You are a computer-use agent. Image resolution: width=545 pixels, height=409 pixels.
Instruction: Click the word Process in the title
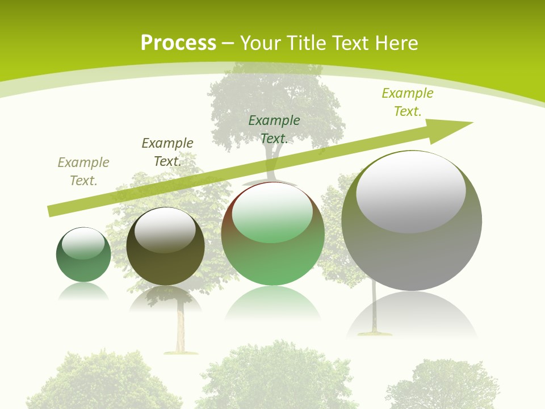178,43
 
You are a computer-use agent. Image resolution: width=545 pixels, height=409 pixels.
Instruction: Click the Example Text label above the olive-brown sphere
167,152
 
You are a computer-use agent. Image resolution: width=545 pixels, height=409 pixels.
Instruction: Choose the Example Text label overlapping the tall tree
274,130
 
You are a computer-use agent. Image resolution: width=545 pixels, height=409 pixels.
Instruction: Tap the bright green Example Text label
408,102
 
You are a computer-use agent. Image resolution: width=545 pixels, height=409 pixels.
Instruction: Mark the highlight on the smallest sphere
83,243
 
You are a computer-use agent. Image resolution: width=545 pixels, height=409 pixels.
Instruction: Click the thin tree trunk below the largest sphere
375,310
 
